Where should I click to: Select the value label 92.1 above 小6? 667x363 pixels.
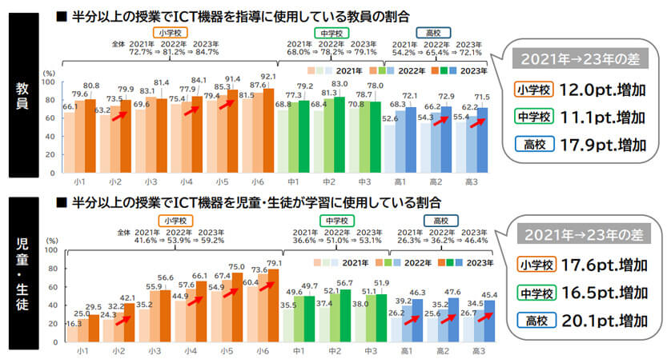(267, 77)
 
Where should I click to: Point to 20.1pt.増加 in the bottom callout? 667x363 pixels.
(605, 321)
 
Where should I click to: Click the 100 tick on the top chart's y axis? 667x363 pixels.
(47, 82)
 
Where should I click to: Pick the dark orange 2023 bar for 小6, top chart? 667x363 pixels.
(267, 128)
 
